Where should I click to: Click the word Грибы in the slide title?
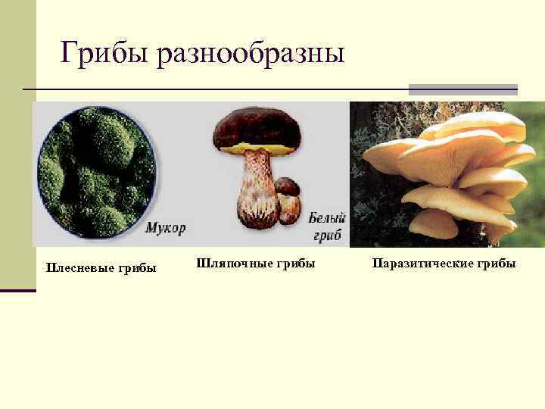[x=105, y=53]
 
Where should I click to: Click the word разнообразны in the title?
[x=251, y=55]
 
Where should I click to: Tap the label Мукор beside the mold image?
[x=165, y=226]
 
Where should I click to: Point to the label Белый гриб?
[x=326, y=225]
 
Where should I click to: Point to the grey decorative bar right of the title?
[x=462, y=89]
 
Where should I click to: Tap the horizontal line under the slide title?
[x=212, y=89]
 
